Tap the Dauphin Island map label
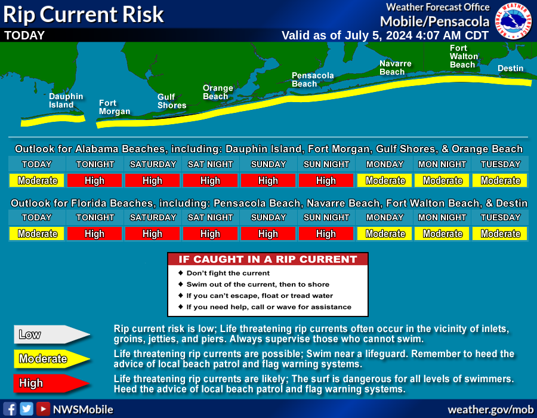66,101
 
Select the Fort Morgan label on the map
115,107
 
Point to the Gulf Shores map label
172,101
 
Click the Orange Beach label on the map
218,92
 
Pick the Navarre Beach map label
395,67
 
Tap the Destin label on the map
510,68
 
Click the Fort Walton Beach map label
464,56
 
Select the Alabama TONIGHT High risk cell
94,180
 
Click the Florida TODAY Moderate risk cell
36,233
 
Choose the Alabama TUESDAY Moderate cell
500,180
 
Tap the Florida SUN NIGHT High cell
326,233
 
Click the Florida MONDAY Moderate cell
385,233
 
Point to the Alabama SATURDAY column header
153,164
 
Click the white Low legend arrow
52,334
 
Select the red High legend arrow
52,383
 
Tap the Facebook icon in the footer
10,409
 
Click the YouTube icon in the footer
43,409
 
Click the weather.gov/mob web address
490,410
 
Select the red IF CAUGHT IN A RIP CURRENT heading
268,259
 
